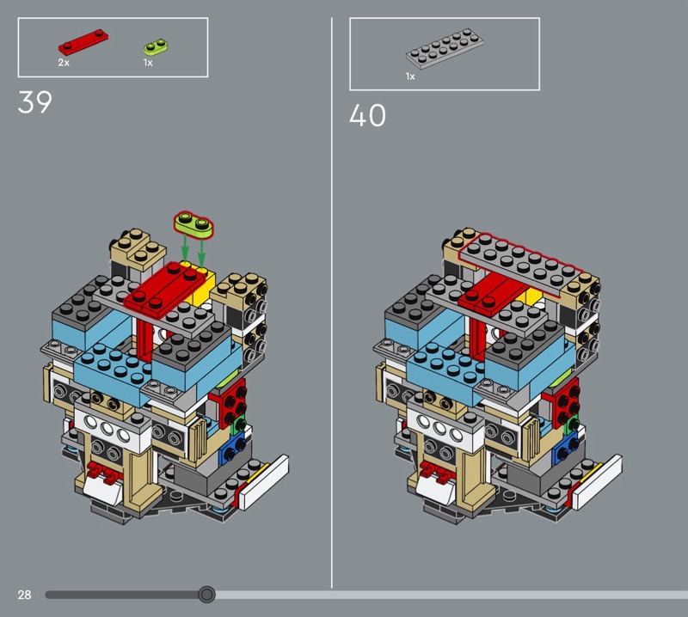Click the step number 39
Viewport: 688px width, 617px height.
[x=34, y=102]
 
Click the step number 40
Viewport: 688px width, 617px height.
[x=368, y=115]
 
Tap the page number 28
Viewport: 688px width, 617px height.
[x=25, y=595]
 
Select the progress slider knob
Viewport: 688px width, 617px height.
[x=206, y=595]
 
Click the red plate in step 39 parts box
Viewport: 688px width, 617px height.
[x=83, y=41]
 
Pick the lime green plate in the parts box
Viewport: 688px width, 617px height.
[x=157, y=47]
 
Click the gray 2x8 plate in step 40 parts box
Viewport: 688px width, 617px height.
[x=445, y=49]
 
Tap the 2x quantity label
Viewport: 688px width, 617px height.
[x=64, y=63]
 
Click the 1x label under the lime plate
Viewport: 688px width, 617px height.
[x=148, y=63]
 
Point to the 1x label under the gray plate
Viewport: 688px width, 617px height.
[x=410, y=76]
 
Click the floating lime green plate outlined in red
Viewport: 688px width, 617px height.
[x=193, y=224]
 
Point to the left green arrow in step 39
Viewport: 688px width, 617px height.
[x=185, y=248]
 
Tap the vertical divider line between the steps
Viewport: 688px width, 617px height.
[x=332, y=302]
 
